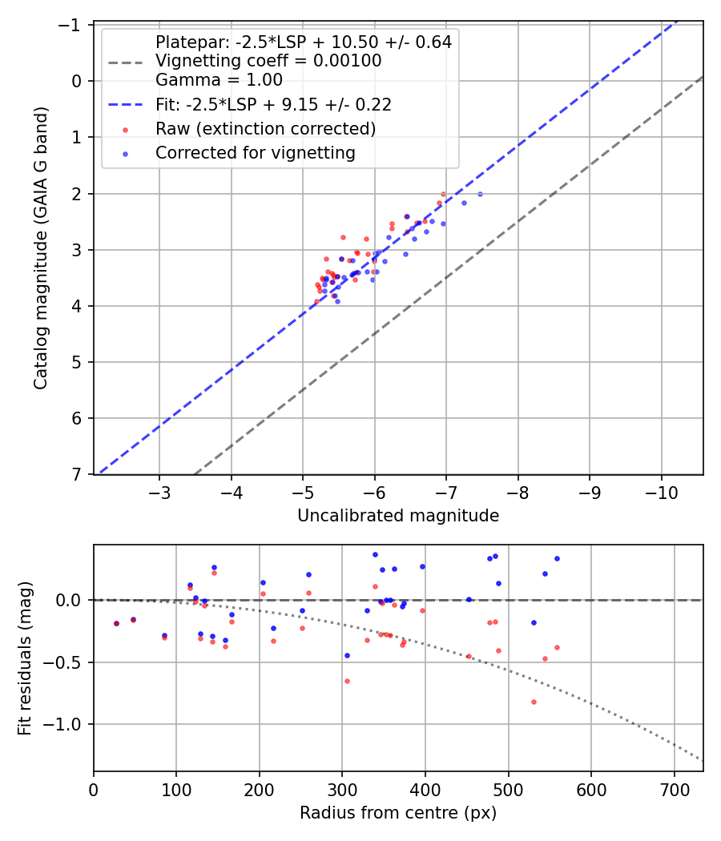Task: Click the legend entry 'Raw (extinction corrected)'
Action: click(266, 128)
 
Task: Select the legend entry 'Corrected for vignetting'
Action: click(256, 152)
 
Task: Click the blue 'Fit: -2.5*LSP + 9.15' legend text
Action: click(273, 104)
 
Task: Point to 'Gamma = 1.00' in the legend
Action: click(219, 79)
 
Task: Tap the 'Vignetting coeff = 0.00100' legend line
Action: click(268, 61)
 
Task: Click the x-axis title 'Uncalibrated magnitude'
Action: click(398, 516)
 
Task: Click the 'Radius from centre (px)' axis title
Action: click(398, 813)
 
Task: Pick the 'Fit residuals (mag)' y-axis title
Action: click(25, 658)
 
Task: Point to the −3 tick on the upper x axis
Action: click(160, 491)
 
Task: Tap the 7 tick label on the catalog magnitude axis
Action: click(78, 475)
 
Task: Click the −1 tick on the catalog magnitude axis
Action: click(74, 25)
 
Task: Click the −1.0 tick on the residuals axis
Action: click(67, 724)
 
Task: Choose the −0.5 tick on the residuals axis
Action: click(67, 662)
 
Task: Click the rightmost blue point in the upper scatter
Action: click(480, 194)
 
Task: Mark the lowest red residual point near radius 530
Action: click(534, 702)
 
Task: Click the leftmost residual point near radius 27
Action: click(116, 623)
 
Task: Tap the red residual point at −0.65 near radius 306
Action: click(347, 681)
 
